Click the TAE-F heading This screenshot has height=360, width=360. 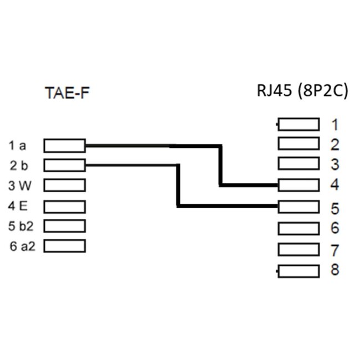coord(66,93)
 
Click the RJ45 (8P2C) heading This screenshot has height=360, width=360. coord(302,90)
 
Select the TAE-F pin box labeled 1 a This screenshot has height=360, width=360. coord(64,146)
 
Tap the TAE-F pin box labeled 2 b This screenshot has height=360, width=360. coord(64,164)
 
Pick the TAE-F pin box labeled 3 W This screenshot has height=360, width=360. coord(64,184)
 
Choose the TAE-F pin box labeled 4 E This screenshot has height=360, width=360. coord(64,206)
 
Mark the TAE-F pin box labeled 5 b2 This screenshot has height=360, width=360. coord(64,225)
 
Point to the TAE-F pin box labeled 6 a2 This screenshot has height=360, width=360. coord(64,245)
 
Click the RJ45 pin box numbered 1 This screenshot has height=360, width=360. coord(299,124)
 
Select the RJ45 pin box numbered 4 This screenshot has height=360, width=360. coord(299,185)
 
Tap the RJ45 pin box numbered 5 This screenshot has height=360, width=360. coord(299,207)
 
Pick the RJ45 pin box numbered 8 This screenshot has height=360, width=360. coord(299,271)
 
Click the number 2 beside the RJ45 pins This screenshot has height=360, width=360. coord(335,145)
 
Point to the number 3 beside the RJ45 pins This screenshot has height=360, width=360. coord(335,164)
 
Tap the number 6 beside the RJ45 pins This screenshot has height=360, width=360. coord(335,228)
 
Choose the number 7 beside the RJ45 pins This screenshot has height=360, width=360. coord(335,250)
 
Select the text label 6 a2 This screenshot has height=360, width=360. coord(22,246)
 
